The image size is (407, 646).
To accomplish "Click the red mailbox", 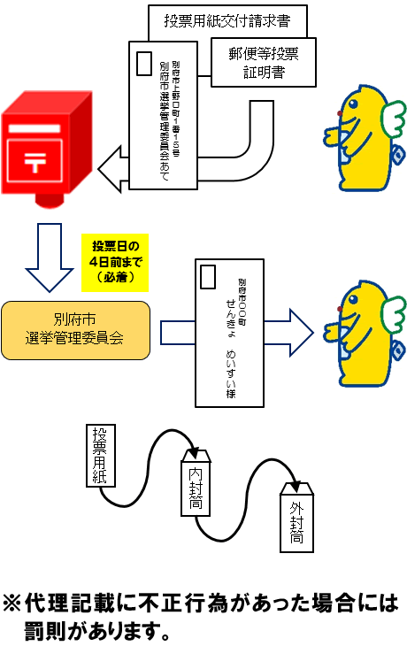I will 50,150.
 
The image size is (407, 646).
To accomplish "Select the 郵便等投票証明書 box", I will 264,63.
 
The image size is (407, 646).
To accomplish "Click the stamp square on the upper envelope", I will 144,63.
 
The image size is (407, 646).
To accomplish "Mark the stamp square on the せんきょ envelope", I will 208,277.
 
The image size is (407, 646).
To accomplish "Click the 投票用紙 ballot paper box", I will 99,456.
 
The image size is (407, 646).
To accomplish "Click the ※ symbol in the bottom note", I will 13,604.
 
